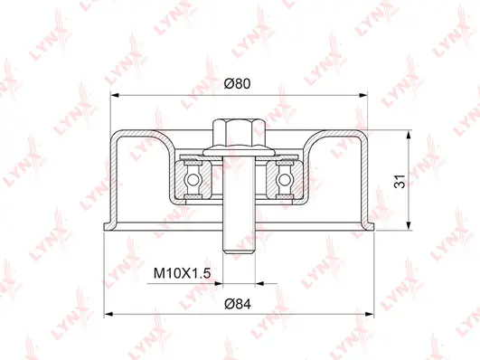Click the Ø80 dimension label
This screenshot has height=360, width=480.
click(237, 83)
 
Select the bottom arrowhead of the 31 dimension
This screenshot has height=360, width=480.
click(411, 229)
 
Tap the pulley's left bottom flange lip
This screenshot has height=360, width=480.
click(108, 225)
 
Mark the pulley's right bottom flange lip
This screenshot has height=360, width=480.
click(368, 225)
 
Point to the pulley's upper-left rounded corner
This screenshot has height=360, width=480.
click(118, 137)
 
